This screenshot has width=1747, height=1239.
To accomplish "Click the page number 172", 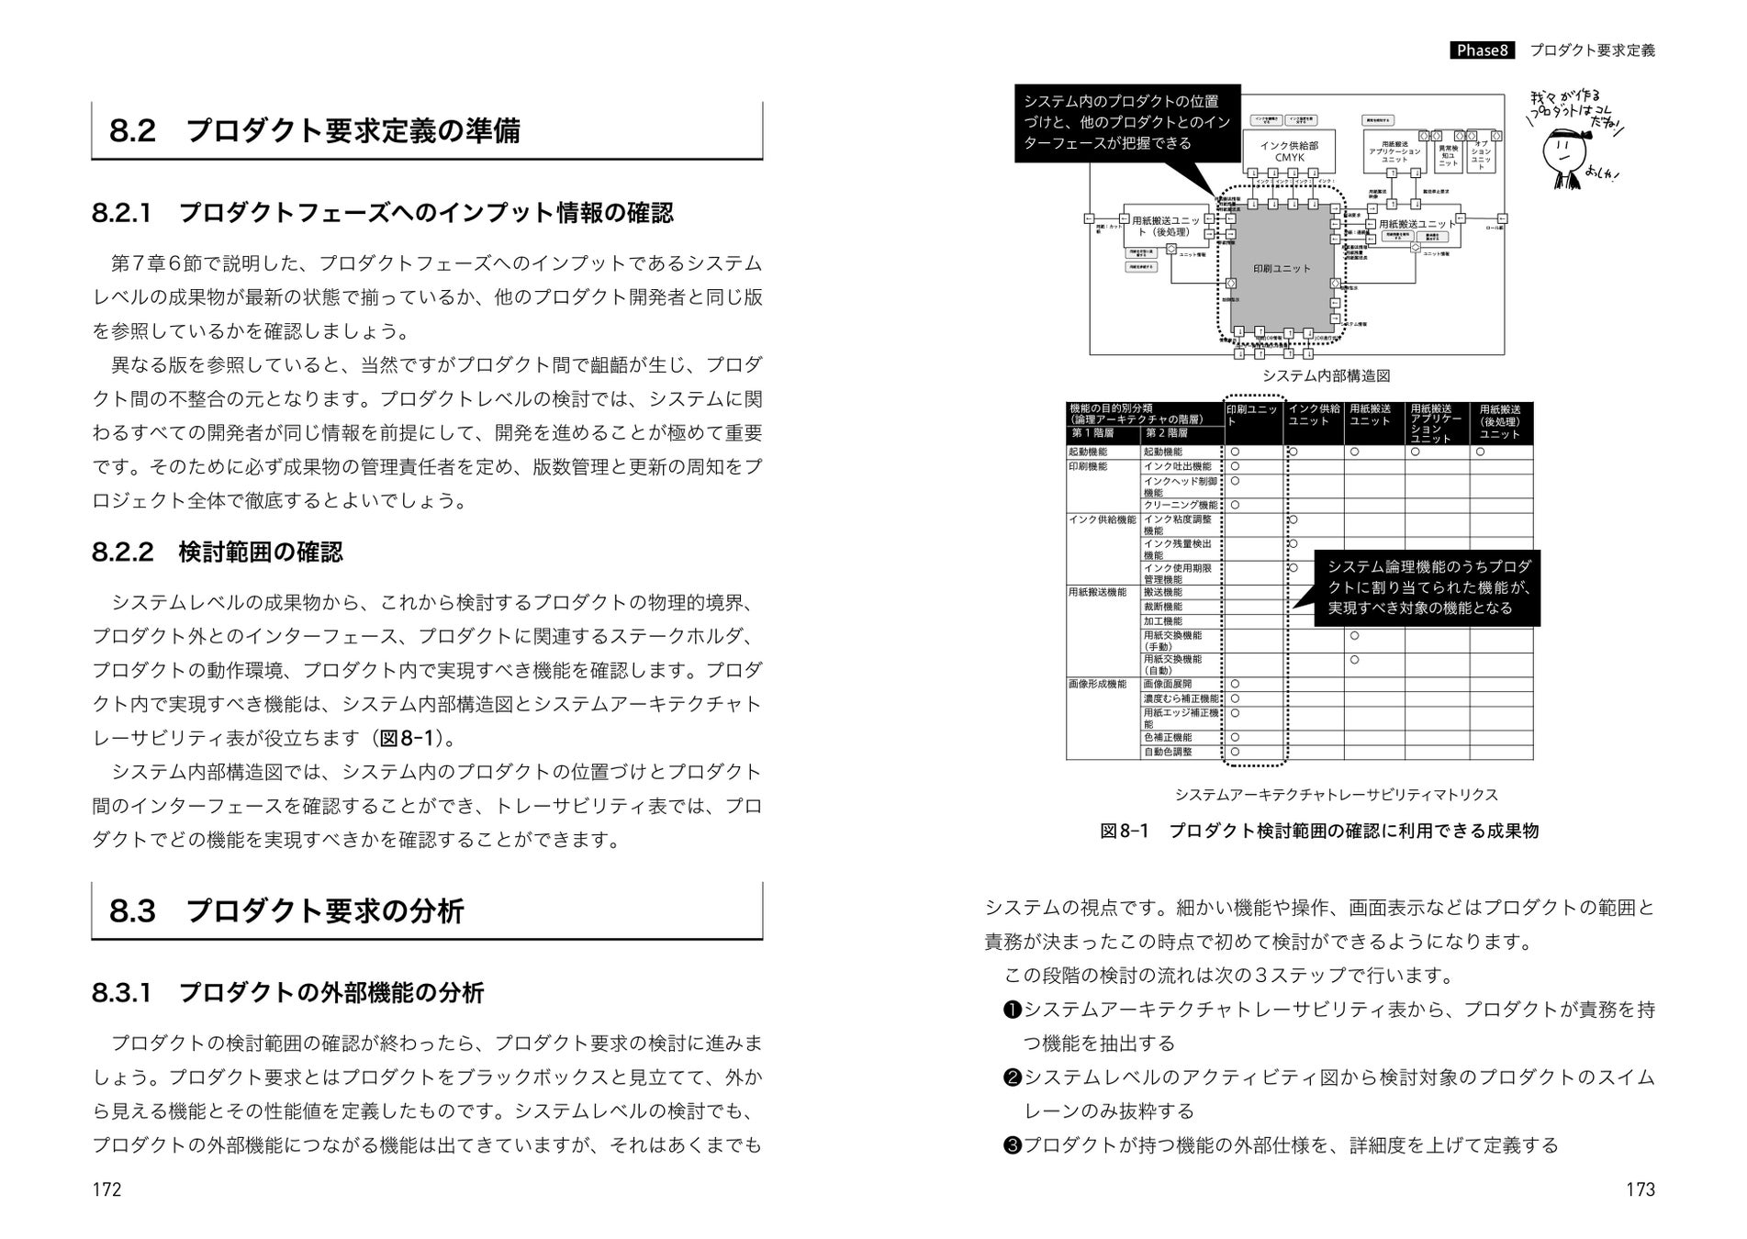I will pos(106,1189).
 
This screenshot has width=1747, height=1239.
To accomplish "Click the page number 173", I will pos(1640,1189).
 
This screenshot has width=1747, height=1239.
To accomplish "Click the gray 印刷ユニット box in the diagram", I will pos(1282,268).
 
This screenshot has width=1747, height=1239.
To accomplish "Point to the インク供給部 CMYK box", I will pos(1289,151).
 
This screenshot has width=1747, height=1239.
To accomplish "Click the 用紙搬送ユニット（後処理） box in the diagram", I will pos(1166,226).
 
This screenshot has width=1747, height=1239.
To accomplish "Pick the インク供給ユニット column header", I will pos(1314,415).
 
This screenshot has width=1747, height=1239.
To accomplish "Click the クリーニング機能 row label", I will pos(1181,505).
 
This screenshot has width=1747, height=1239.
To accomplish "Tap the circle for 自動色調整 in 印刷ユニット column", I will pos(1235,752).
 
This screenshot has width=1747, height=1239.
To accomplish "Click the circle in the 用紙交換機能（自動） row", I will pos(1354,659).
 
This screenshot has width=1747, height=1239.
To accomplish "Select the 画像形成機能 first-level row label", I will pos(1097,684).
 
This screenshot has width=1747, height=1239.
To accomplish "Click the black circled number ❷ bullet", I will pos(1012,1077).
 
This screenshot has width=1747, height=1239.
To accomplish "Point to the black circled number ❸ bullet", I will pos(1012,1145).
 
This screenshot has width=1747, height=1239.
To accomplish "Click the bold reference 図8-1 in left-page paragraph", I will pos(407,739).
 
